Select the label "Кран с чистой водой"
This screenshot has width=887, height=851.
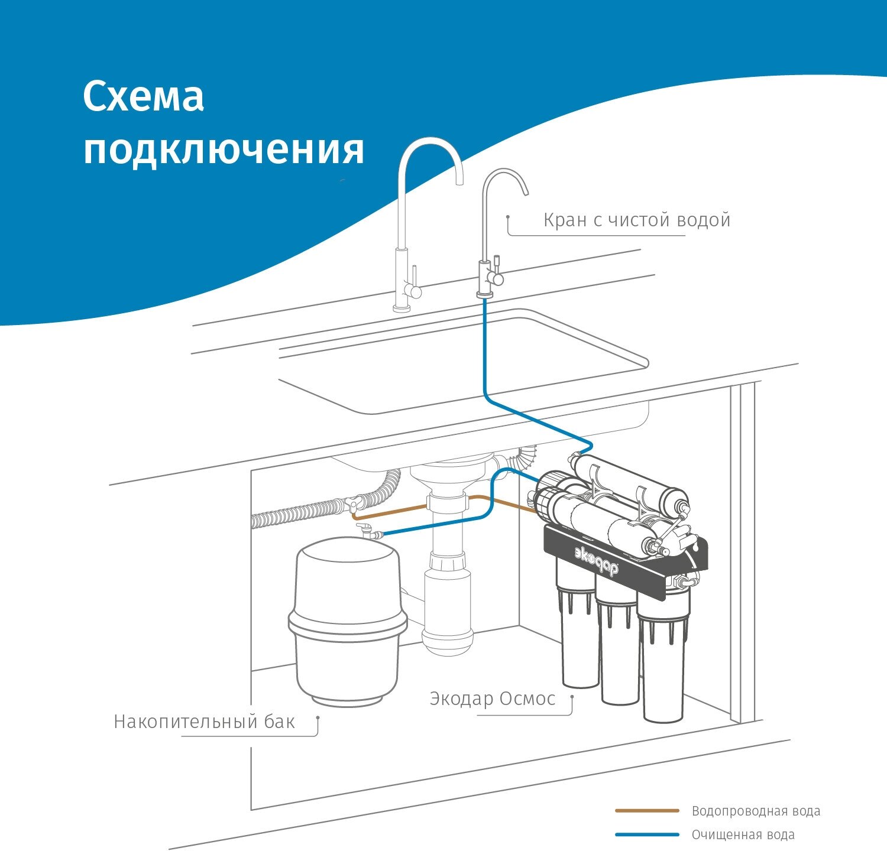click(636, 220)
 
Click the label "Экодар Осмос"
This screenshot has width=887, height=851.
click(492, 699)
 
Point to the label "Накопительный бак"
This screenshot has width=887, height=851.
click(204, 722)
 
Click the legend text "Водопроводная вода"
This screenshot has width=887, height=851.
click(756, 811)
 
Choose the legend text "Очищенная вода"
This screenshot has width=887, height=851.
click(743, 834)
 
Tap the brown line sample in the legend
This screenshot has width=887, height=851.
click(647, 811)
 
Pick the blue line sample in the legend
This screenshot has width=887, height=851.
click(647, 834)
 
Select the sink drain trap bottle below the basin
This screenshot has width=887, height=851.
click(448, 635)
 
